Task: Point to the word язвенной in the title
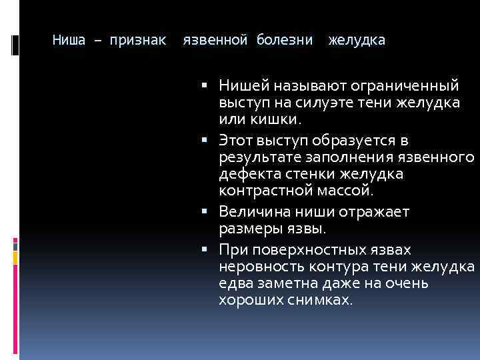215,41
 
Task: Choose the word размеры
245,229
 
